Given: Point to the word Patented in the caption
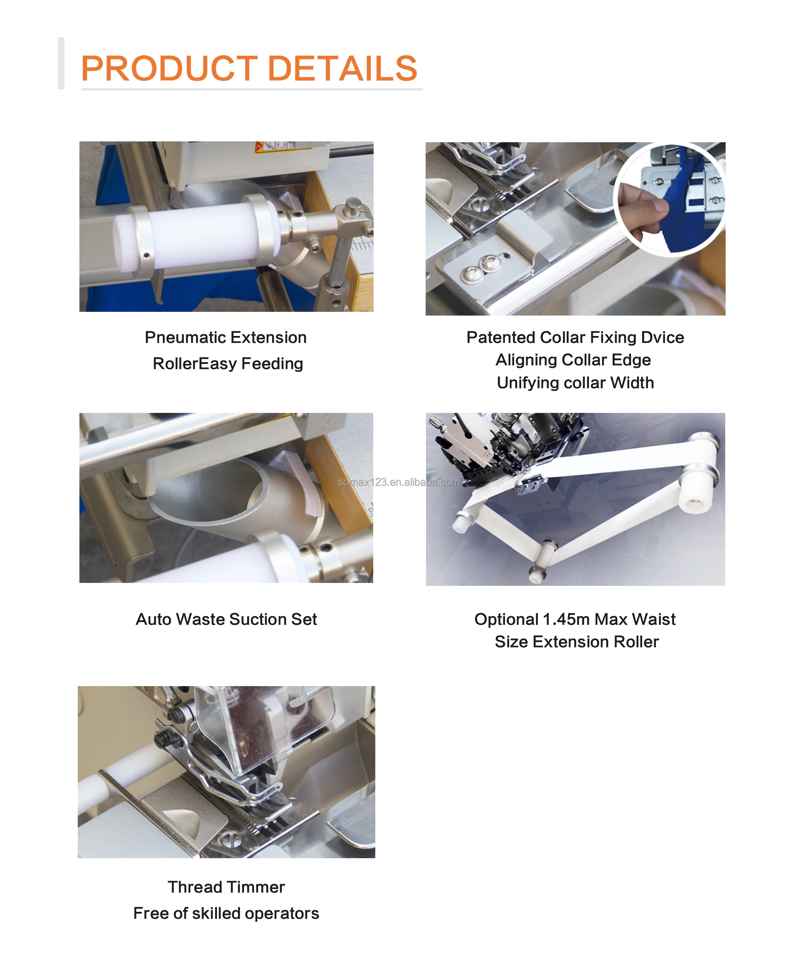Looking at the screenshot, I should click(500, 338).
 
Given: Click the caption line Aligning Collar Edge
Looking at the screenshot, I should click(573, 360).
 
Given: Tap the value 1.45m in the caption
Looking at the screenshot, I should click(566, 620).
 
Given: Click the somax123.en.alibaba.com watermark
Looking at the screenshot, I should click(398, 482).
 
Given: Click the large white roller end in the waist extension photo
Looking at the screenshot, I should click(697, 498).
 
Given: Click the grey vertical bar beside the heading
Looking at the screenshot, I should click(61, 63).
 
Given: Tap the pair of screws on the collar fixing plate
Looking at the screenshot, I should click(479, 268).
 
